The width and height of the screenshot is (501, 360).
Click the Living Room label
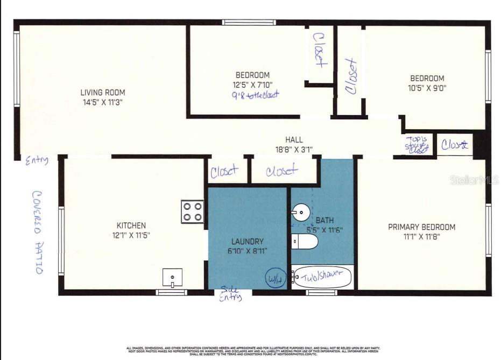102,93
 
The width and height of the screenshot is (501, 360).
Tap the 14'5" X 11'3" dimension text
102,102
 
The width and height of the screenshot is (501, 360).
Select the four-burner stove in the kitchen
193,211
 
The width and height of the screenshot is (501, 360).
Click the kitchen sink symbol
172,278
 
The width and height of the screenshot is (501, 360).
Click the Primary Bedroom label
421,227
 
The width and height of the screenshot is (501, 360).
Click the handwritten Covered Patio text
38,232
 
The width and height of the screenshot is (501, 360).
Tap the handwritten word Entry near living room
37,160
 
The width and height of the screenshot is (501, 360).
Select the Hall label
293,140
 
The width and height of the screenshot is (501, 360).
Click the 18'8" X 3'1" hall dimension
293,149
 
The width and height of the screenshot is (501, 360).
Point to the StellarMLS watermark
474,180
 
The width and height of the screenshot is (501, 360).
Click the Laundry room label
248,242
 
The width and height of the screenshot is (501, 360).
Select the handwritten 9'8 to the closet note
256,95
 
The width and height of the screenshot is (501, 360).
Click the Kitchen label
131,225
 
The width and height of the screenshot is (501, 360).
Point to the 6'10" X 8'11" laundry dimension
248,251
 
